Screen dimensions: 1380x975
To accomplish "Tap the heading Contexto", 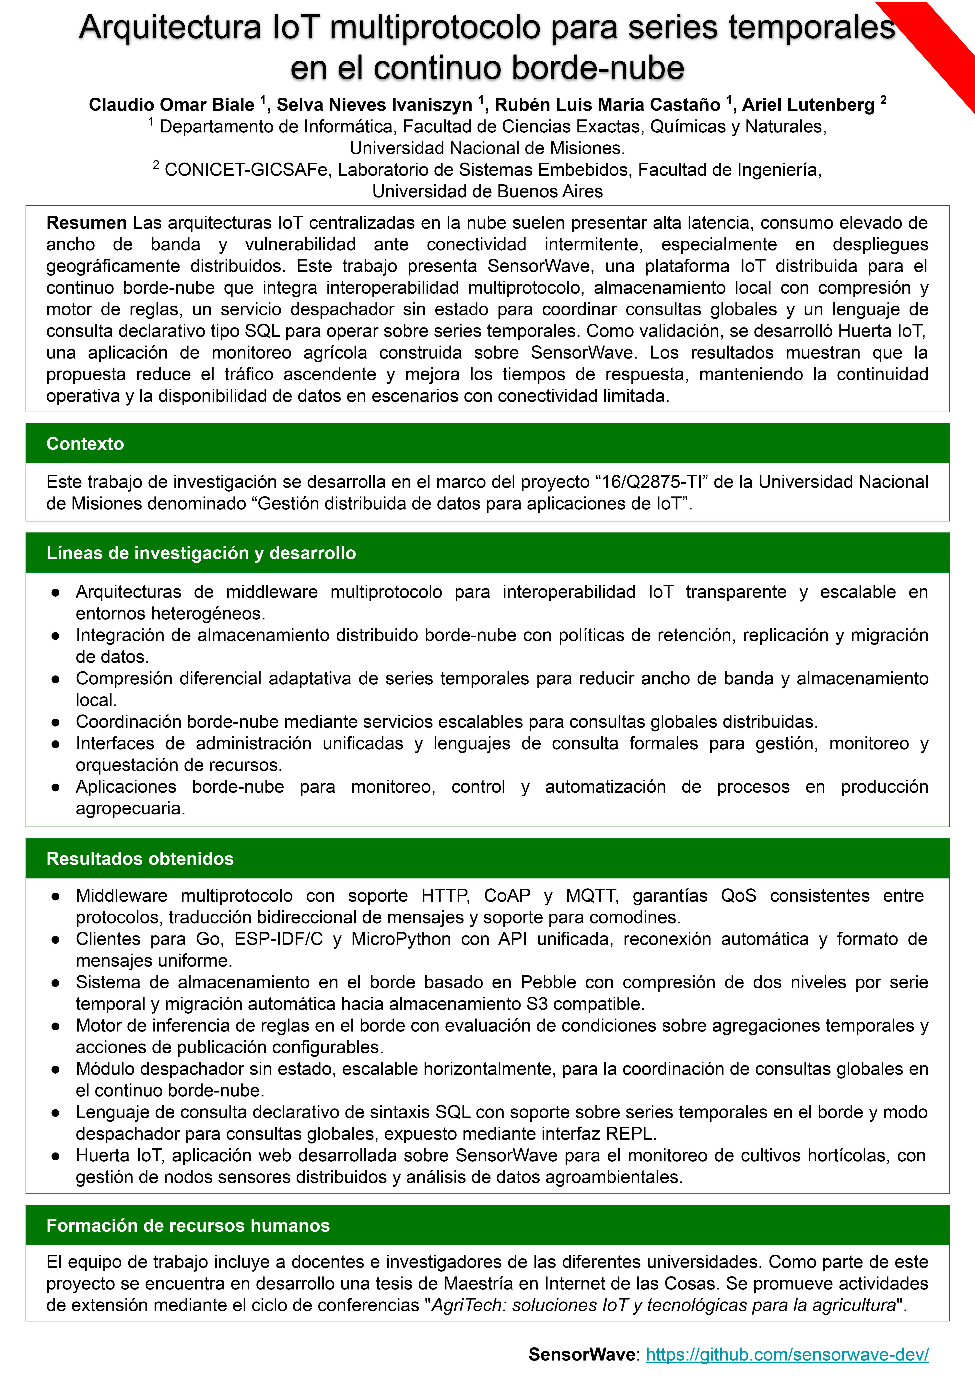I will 85,444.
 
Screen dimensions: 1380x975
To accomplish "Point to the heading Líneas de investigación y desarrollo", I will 201,553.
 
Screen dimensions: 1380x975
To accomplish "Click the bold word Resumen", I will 87,223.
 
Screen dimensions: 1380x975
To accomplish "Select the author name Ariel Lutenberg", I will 808,105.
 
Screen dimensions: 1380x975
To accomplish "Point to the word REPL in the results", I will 629,1134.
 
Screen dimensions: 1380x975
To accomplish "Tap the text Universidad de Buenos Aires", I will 487,192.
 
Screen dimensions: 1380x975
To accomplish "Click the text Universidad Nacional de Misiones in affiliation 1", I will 487,148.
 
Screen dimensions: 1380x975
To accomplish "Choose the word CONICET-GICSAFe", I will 246,170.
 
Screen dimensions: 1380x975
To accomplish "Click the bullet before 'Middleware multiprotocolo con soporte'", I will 55,896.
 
